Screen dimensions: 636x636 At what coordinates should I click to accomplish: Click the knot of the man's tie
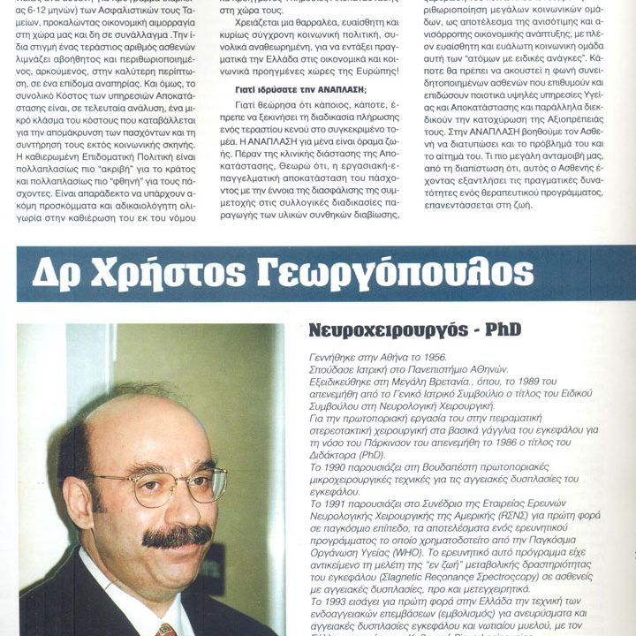pyautogui.click(x=165, y=630)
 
